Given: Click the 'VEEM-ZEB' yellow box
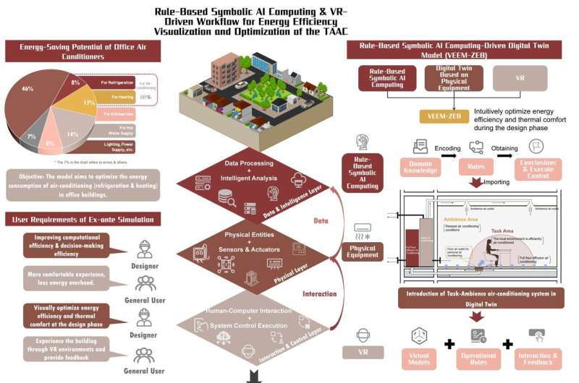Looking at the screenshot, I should [444, 116].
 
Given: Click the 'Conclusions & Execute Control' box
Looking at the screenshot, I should [538, 168].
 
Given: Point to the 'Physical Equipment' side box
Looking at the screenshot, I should [362, 251].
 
